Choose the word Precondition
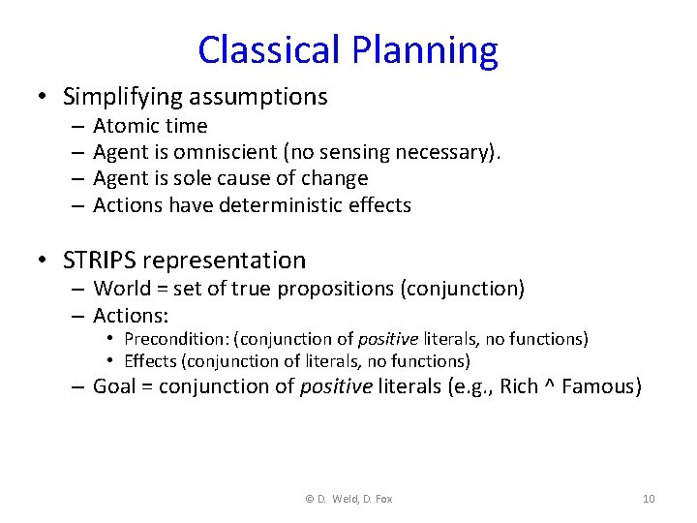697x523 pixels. coord(178,339)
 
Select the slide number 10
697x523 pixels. coord(649,499)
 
